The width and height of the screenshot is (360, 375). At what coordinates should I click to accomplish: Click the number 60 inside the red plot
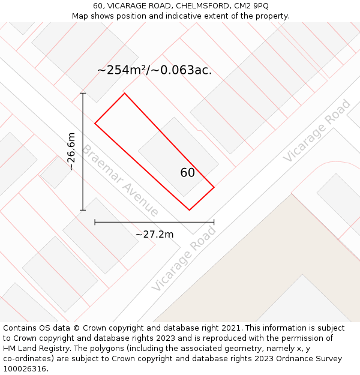187,173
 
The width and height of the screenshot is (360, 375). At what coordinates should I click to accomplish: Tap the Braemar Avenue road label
121,181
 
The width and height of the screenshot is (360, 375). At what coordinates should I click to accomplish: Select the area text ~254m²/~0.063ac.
154,70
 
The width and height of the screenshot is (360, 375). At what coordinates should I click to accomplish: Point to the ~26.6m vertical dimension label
71,151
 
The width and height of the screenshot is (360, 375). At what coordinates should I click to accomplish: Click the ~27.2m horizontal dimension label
154,234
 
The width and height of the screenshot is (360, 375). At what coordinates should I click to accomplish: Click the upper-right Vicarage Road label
317,131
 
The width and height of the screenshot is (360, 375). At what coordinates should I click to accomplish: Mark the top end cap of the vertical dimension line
83,93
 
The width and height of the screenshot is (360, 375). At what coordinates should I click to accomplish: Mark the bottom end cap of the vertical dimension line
83,210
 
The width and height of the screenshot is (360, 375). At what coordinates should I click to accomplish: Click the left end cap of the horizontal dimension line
95,222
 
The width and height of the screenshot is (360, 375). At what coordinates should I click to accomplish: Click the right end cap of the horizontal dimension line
214,222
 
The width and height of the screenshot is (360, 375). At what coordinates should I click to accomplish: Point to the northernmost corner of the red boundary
124,93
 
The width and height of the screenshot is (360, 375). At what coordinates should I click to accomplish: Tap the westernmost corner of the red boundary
95,124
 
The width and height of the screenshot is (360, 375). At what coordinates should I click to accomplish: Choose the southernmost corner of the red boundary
189,210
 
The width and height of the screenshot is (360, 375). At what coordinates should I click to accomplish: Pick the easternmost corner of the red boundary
214,187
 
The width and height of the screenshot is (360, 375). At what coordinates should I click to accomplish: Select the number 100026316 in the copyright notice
24,369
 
